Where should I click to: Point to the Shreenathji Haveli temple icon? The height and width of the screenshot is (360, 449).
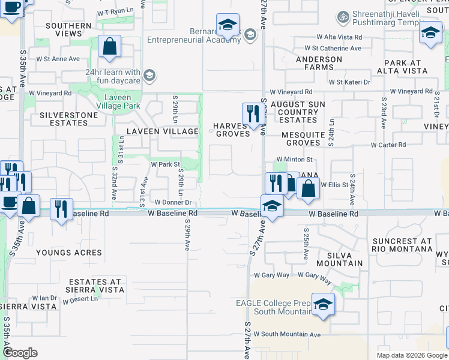[x=343, y=16]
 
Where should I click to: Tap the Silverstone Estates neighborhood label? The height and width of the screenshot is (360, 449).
[x=64, y=118]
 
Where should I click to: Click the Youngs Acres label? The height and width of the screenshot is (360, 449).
[x=64, y=253]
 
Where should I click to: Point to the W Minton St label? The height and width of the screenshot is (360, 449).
[x=294, y=160]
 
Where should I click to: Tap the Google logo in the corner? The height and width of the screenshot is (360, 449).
[x=20, y=353]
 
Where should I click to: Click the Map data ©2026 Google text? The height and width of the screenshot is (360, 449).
[x=411, y=355]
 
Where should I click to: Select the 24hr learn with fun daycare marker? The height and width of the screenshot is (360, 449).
[x=149, y=76]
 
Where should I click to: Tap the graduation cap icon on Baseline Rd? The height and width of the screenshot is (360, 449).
[x=272, y=206]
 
